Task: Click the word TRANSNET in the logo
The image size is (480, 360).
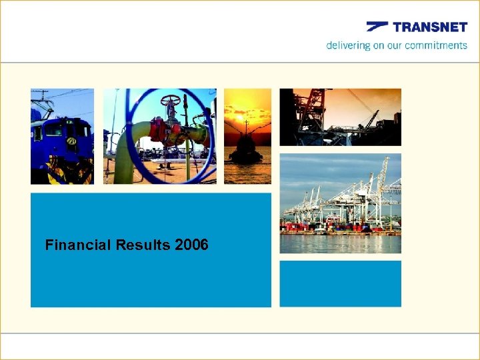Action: tap(430, 27)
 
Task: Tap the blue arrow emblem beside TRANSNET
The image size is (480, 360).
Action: tap(377, 27)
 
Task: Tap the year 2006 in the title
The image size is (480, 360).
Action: tap(191, 245)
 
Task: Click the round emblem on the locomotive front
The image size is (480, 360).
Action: tap(71, 141)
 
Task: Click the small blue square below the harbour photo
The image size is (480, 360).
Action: tap(340, 283)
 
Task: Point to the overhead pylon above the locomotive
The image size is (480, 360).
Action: tap(43, 97)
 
